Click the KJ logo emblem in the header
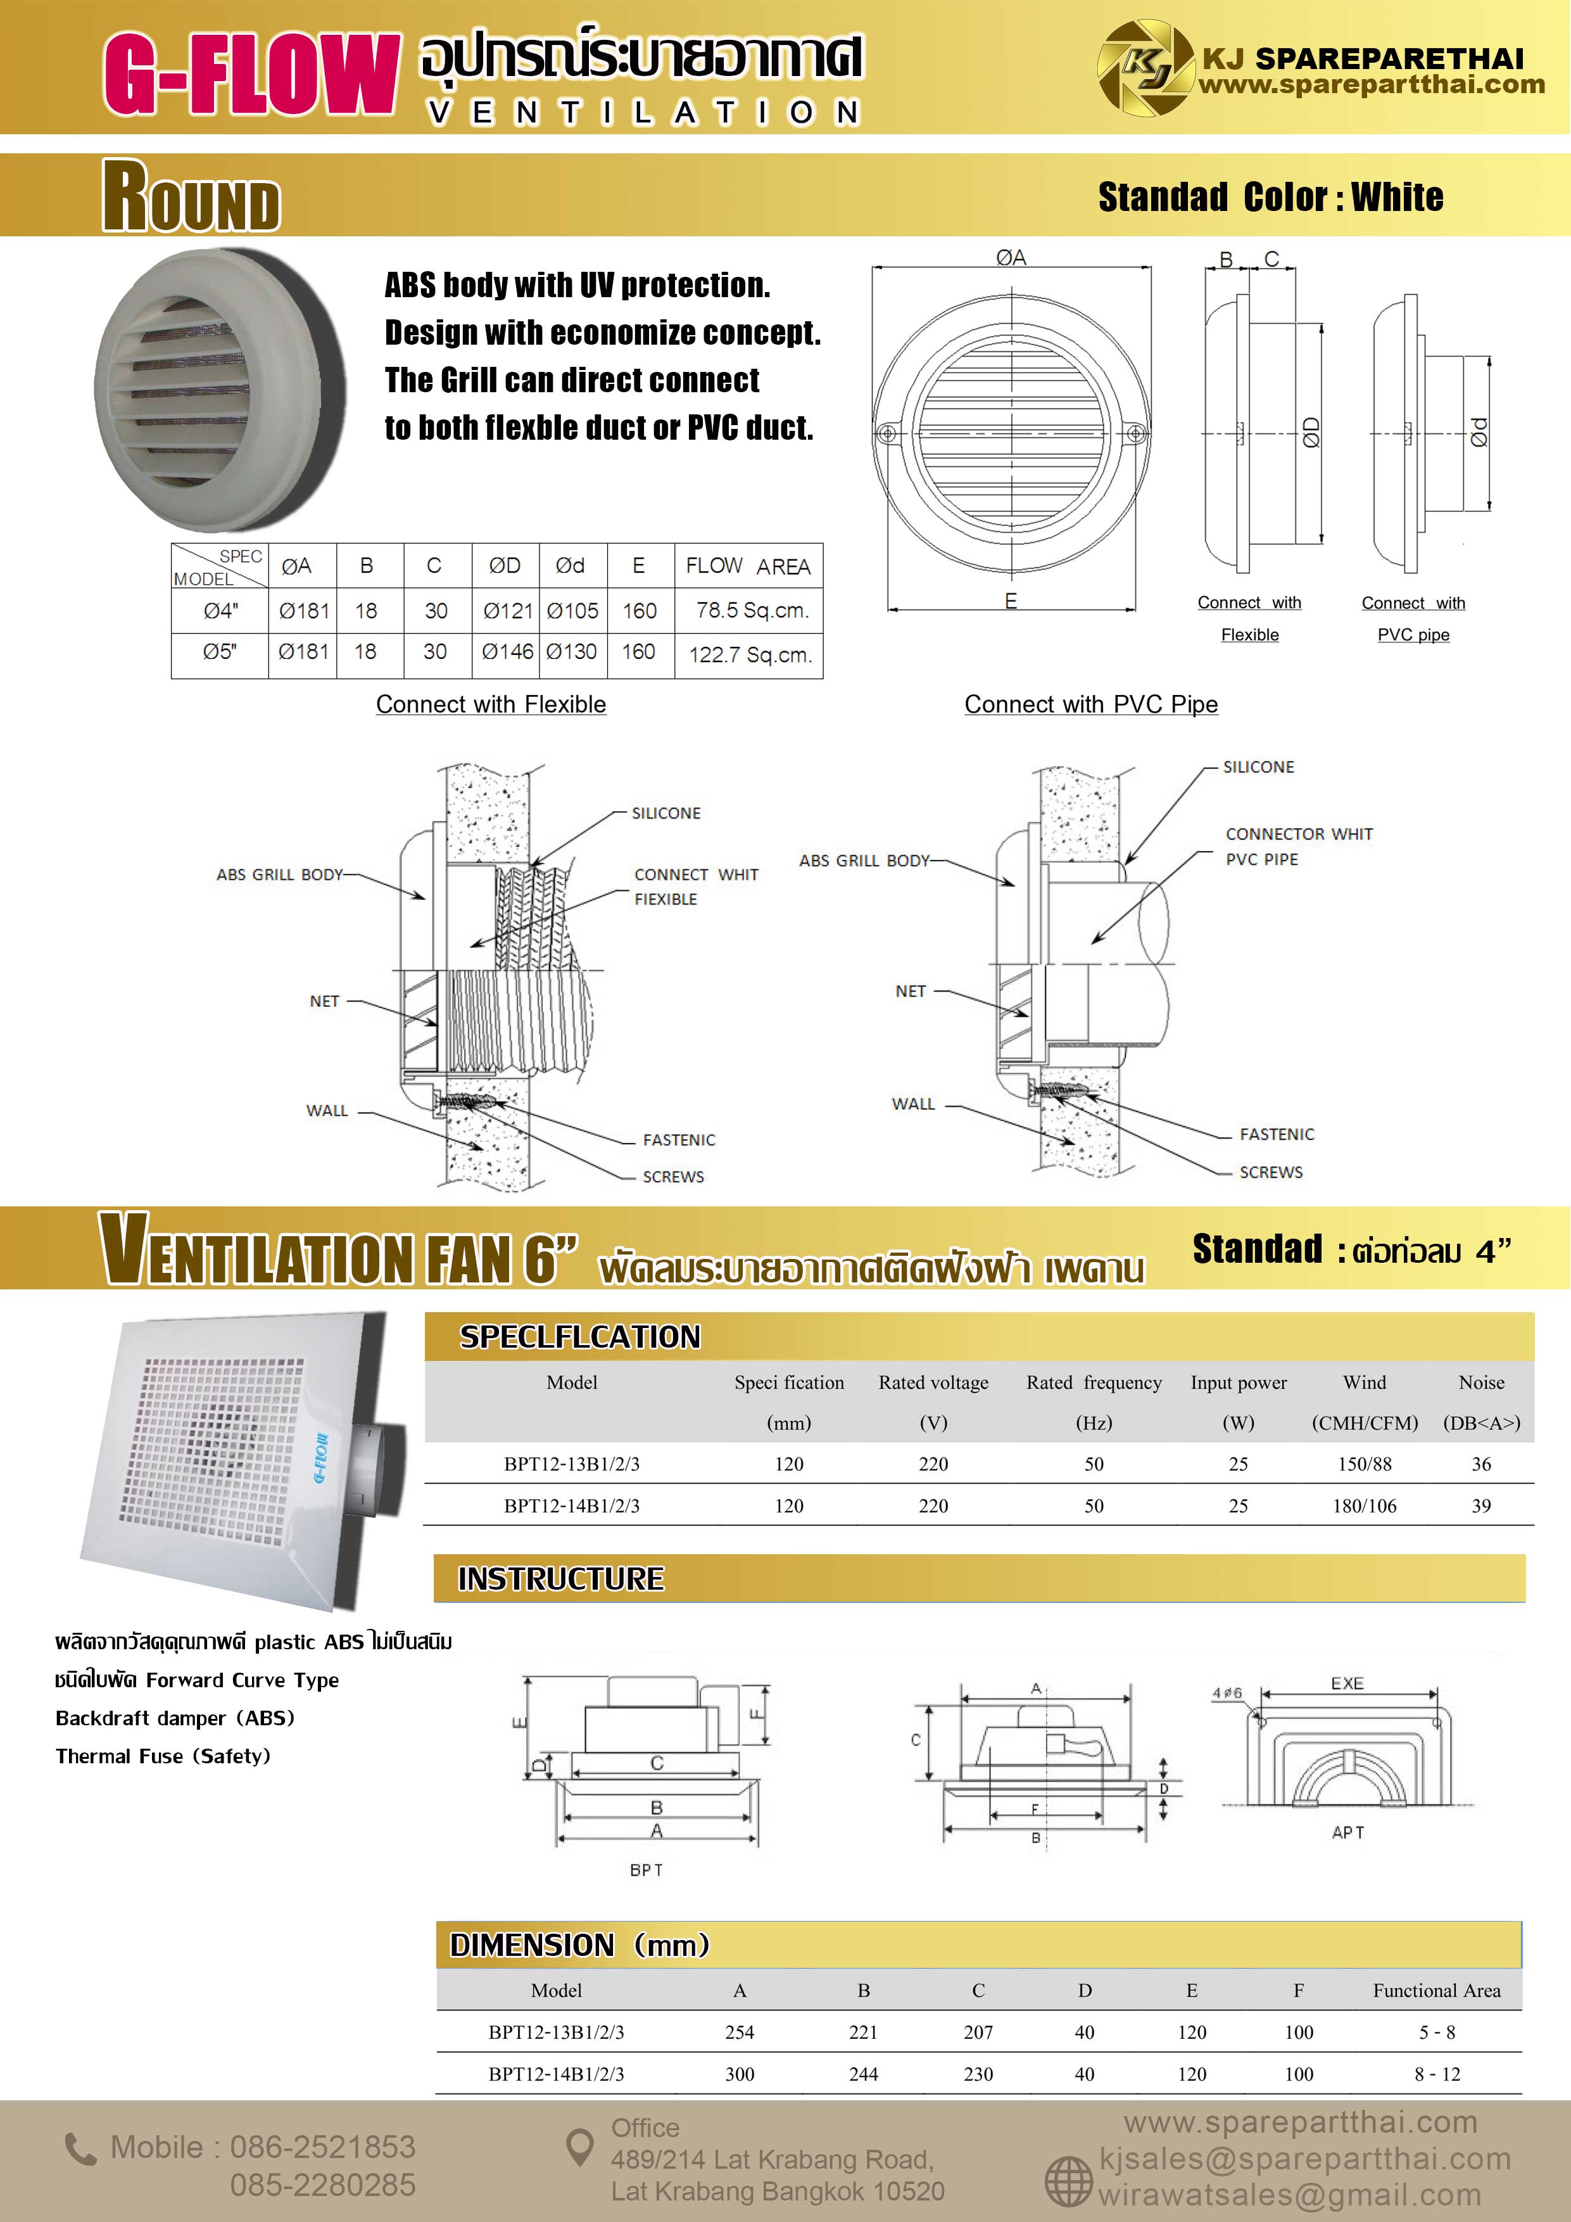1146,68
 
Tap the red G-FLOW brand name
251,73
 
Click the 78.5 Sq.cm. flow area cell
752,611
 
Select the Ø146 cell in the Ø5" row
507,652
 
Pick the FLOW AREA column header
748,566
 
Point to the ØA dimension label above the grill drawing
1011,257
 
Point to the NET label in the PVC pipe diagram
911,991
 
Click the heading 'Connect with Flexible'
491,705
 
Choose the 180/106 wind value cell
1364,1506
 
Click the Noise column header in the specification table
1481,1383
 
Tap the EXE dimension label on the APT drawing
1347,1684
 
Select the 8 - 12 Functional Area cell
1437,2074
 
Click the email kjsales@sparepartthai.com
1304,2159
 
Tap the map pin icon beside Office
579,2147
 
